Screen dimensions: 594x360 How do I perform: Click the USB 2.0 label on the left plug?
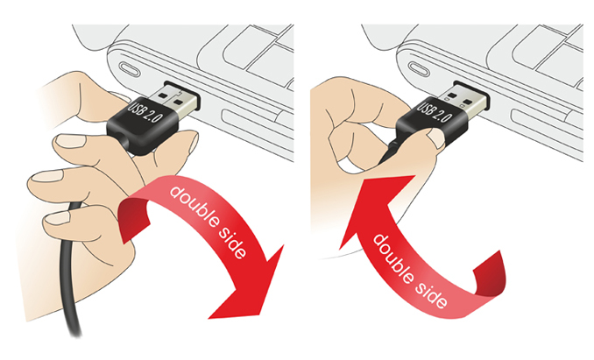point(145,110)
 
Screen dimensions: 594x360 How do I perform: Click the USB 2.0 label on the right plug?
point(435,110)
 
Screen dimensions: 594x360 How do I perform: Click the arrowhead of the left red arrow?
point(251,283)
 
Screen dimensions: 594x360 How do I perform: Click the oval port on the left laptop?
point(131,71)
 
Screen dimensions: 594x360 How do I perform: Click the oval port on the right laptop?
point(421,71)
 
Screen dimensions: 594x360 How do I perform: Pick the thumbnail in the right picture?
point(437,138)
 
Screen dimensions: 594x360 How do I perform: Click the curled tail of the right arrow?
point(489,273)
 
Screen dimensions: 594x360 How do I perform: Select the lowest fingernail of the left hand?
point(58,217)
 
